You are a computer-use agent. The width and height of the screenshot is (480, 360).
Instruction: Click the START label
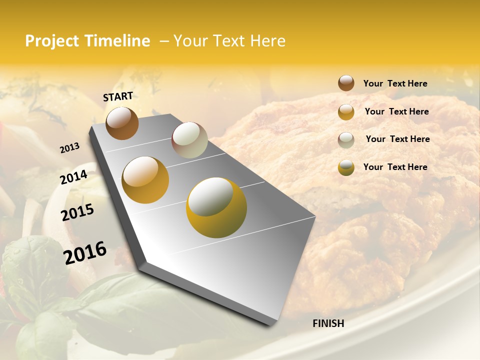click(x=118, y=96)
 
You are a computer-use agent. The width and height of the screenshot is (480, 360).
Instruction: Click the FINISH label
click(x=328, y=323)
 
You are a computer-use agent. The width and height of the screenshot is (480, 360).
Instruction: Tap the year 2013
click(x=69, y=148)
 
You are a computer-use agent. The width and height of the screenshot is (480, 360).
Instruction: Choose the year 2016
click(x=85, y=253)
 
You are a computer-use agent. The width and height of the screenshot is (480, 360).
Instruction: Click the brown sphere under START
click(x=122, y=123)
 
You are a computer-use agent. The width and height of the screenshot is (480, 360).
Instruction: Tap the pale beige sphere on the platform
click(x=189, y=140)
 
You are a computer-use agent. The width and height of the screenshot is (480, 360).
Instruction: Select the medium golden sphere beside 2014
click(x=145, y=180)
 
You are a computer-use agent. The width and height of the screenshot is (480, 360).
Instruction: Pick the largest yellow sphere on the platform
click(x=216, y=207)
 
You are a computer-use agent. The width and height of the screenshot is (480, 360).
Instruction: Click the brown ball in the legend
click(x=346, y=83)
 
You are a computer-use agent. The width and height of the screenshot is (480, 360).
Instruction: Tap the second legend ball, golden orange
click(x=346, y=112)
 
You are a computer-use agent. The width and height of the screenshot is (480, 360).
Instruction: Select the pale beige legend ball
click(x=346, y=140)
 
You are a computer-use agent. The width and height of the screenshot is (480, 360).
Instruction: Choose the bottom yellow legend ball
click(x=346, y=167)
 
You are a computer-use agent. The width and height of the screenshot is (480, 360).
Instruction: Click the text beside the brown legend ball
click(x=395, y=83)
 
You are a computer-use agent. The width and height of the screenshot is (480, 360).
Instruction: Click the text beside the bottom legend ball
click(x=395, y=167)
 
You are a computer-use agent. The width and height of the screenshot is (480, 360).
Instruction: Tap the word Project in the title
click(x=52, y=41)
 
